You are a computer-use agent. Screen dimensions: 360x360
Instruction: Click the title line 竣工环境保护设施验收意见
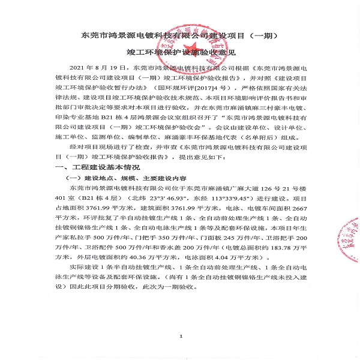point(179,53)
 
